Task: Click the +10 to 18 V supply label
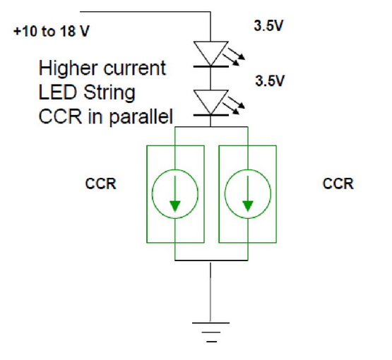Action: [x=52, y=31]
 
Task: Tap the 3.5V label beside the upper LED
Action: [x=268, y=25]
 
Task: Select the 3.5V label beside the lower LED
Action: [x=270, y=80]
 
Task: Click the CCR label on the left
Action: [x=100, y=184]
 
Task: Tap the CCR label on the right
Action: [x=338, y=184]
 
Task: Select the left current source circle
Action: [x=152, y=194]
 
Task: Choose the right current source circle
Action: [x=225, y=194]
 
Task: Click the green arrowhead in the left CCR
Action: [x=175, y=205]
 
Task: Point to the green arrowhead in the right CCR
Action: [x=248, y=205]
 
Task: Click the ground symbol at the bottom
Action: [x=210, y=332]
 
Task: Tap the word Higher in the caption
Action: [x=68, y=68]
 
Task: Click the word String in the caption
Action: [x=109, y=93]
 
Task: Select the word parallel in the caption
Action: [x=141, y=116]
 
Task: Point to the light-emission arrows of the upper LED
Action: [x=234, y=56]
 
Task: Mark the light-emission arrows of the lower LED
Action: [x=234, y=105]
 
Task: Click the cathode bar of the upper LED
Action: [x=210, y=66]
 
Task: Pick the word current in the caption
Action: [x=134, y=68]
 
